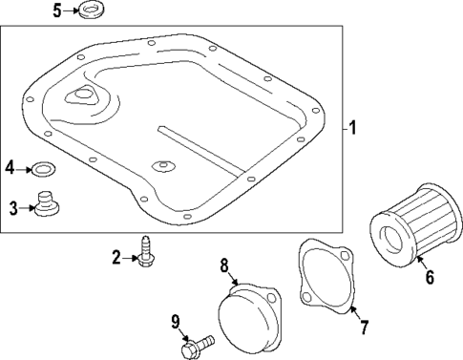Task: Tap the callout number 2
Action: point(116,256)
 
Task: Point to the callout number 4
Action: point(10,168)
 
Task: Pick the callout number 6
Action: point(429,278)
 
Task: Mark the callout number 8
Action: point(225,265)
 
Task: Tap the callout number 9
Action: point(176,321)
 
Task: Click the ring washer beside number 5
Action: point(94,11)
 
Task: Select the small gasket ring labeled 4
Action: point(42,169)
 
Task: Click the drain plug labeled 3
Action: point(47,205)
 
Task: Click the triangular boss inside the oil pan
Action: point(81,96)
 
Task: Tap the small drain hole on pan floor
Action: point(163,166)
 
